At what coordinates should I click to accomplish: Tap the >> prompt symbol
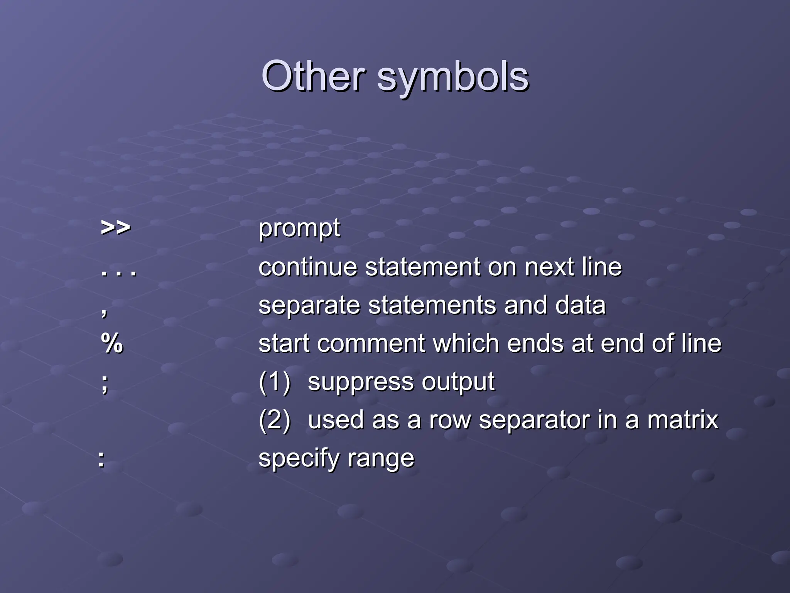(x=115, y=228)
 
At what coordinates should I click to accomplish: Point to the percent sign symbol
(x=112, y=343)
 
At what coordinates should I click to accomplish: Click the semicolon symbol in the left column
(x=105, y=383)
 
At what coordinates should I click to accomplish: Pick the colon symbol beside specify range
(x=101, y=460)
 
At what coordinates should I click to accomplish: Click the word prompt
(x=299, y=229)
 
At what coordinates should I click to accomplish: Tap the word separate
(x=309, y=306)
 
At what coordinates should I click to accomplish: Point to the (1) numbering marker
(x=274, y=382)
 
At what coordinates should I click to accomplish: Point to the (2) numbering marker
(x=274, y=420)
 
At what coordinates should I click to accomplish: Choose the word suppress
(x=360, y=383)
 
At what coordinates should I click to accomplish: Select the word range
(x=380, y=459)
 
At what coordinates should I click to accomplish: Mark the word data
(x=580, y=305)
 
